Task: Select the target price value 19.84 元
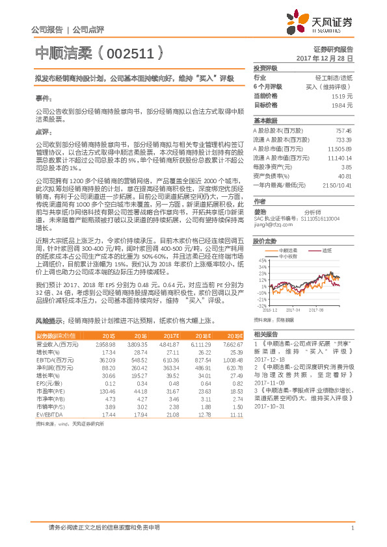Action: (341, 105)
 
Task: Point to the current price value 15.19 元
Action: (341, 95)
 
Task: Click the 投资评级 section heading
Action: (265, 68)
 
